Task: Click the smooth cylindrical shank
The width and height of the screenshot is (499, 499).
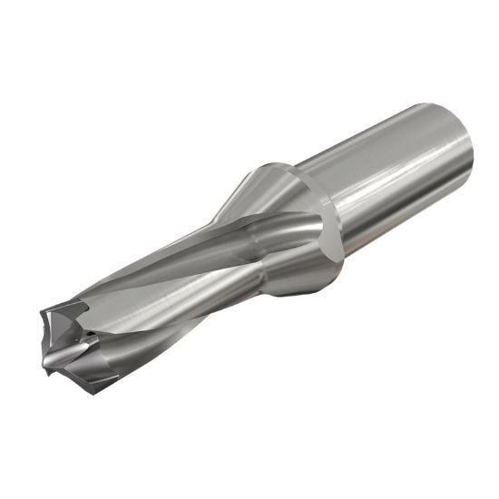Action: [x=399, y=172]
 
